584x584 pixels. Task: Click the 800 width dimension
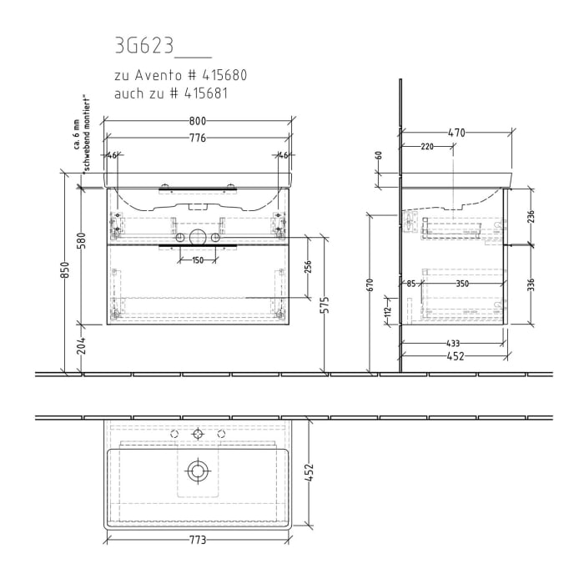point(198,121)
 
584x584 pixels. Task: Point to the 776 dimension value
point(198,138)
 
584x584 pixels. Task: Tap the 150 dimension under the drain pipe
point(198,260)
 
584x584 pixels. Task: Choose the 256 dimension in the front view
point(308,267)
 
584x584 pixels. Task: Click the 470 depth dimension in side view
point(456,133)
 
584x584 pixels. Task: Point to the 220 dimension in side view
point(427,147)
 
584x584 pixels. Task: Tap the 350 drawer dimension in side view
point(461,284)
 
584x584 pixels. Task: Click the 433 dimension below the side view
point(453,344)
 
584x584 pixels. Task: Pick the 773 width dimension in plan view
point(198,540)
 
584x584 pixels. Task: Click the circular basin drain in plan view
point(198,471)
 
